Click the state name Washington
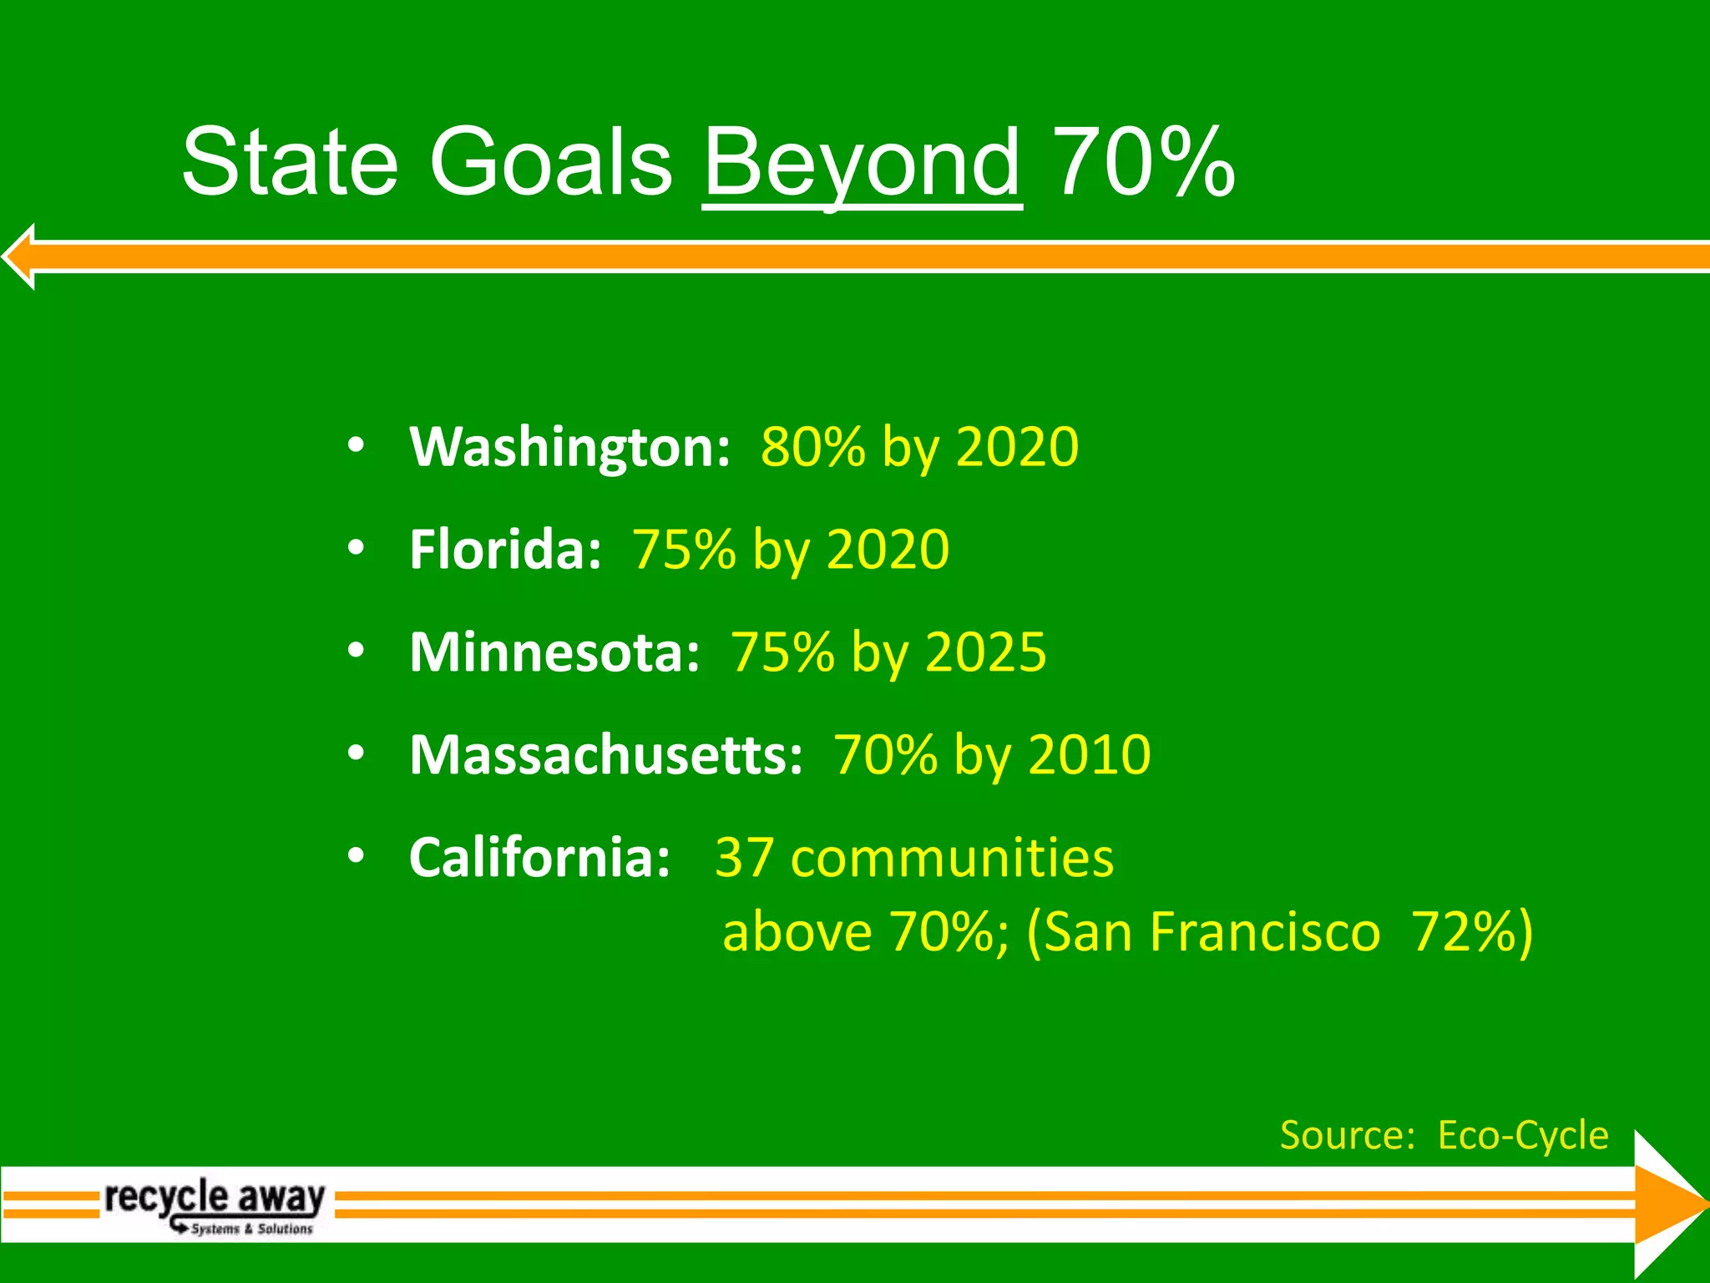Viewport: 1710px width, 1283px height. pos(569,448)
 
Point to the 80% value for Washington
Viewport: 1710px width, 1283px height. pos(813,447)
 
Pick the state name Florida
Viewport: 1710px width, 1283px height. pos(505,550)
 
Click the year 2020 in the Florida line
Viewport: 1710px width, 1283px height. pos(888,550)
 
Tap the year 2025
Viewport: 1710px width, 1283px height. pos(985,652)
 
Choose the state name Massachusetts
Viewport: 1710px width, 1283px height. pos(605,755)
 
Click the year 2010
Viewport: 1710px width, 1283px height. pos(1090,755)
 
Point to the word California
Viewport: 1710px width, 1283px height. pos(539,858)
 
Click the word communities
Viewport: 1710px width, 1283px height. pos(952,858)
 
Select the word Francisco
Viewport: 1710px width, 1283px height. pos(1265,932)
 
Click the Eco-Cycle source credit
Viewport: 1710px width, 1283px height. pos(1522,1135)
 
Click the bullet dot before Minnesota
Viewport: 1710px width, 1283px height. pos(357,651)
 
